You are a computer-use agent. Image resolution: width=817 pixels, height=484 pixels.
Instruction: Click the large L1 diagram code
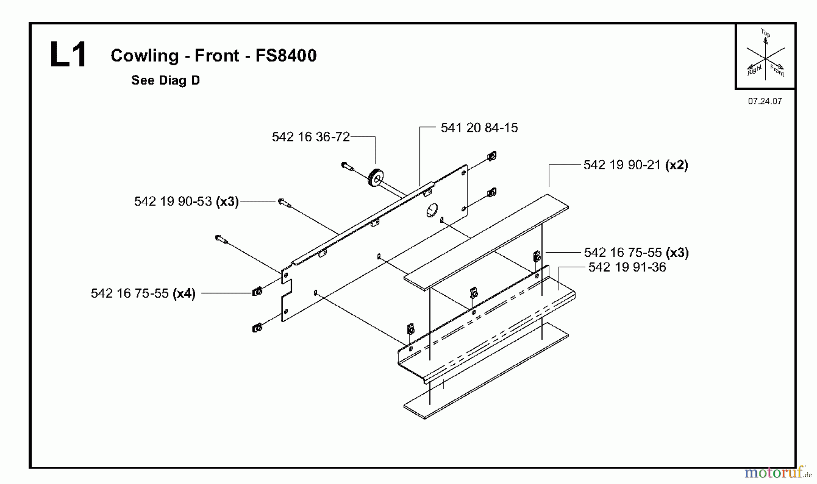coord(68,55)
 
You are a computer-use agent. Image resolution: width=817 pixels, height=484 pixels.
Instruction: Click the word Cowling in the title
coord(145,55)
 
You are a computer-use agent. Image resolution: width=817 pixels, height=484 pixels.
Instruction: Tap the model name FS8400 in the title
coord(286,55)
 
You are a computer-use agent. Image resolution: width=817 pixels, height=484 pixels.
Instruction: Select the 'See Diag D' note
coord(165,80)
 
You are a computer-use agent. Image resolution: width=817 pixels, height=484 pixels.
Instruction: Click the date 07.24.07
coord(765,101)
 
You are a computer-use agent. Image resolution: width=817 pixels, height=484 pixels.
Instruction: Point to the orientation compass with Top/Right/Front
coord(765,57)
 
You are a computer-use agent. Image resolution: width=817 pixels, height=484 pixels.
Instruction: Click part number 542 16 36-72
coord(311,137)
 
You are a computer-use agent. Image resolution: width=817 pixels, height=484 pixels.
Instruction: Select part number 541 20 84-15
coord(479,127)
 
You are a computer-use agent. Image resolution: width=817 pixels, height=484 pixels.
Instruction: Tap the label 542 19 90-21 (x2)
coord(635,165)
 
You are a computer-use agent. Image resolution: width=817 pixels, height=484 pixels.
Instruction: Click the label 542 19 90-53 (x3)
coord(186,201)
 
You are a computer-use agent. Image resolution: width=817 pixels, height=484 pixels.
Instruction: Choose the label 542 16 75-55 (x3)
coord(636,252)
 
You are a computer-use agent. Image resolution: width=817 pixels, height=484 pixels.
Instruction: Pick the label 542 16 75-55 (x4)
coord(143,293)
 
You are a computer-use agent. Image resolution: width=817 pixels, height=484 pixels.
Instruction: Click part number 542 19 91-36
coord(627,267)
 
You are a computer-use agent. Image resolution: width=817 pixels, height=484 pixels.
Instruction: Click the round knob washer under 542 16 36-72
coord(376,177)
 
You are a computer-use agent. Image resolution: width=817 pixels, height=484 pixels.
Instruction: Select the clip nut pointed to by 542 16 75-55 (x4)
coord(257,292)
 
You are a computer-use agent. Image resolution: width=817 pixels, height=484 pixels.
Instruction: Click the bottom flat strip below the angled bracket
coord(486,371)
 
